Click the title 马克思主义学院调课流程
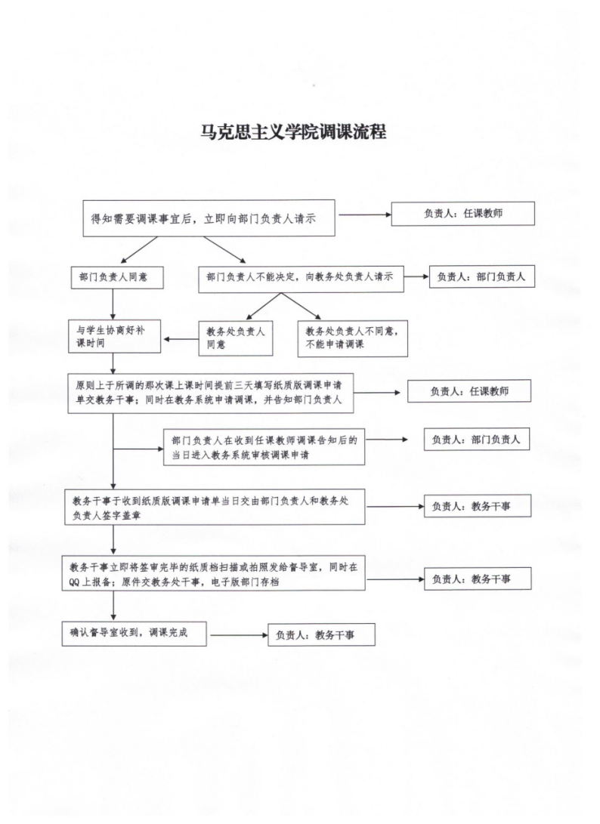click(x=293, y=131)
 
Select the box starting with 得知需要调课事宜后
click(x=209, y=218)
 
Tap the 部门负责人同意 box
click(x=117, y=277)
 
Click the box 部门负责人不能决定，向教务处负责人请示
click(x=301, y=278)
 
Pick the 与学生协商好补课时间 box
click(x=115, y=336)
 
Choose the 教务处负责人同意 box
click(x=236, y=338)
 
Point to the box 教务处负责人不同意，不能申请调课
click(x=352, y=338)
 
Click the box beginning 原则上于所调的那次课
click(x=210, y=393)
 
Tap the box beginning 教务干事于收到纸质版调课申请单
click(x=215, y=507)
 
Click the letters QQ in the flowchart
click(x=73, y=582)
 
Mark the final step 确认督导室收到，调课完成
click(x=134, y=633)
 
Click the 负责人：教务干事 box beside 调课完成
click(x=321, y=635)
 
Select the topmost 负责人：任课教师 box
click(x=462, y=213)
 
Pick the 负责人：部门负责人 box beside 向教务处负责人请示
click(x=481, y=276)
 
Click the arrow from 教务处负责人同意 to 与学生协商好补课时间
click(x=181, y=339)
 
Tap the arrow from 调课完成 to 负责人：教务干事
click(x=240, y=635)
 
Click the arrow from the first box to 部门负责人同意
click(x=139, y=250)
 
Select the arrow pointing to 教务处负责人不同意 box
click(x=302, y=306)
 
